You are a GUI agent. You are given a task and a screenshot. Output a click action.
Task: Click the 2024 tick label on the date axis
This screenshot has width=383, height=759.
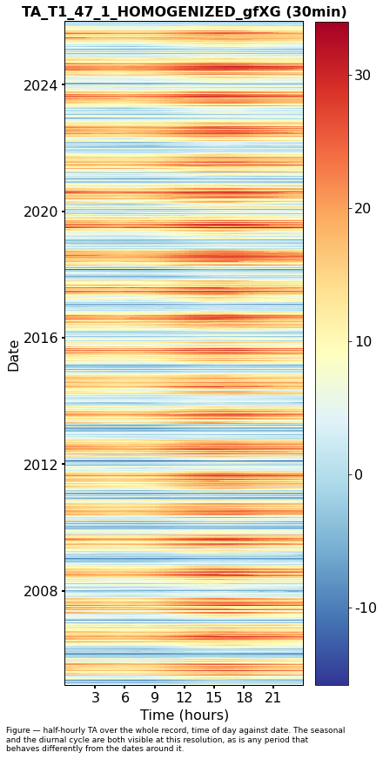pos(40,85)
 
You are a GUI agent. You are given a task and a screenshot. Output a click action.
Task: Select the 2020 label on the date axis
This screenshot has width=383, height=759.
pos(40,212)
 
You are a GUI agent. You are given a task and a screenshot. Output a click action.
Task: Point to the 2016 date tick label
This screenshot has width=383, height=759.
pos(40,338)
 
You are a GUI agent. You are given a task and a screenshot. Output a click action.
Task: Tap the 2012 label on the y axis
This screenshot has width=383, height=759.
pos(40,465)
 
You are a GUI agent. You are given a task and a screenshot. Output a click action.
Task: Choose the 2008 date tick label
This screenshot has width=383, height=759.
pos(40,591)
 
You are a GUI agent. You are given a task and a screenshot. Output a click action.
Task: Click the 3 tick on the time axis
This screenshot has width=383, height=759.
pos(95,698)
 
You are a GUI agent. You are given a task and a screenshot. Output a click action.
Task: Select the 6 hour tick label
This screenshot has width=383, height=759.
pos(124,698)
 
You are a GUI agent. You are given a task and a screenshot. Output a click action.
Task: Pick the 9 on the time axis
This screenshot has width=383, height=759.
pos(154,698)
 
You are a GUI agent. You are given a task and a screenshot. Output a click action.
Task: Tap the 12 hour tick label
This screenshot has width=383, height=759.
pos(184,698)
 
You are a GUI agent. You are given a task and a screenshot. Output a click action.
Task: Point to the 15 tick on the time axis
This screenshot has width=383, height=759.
pos(214,698)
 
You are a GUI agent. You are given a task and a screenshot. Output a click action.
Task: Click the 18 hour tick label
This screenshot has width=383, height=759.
pos(244,698)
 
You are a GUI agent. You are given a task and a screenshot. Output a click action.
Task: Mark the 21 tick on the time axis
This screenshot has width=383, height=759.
pos(273,698)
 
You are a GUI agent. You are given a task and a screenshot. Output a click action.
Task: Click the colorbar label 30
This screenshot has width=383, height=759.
pos(362,75)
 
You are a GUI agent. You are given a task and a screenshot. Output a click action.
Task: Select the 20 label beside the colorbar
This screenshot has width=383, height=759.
pos(362,208)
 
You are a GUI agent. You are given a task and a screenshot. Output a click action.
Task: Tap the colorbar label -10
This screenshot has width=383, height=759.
pos(366,608)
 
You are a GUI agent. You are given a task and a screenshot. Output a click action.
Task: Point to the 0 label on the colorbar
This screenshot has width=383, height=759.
pos(359,474)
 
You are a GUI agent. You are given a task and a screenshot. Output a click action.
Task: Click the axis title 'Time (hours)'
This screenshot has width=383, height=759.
pos(184,715)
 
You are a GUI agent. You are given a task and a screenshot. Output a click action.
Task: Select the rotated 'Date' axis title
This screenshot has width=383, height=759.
pos(14,356)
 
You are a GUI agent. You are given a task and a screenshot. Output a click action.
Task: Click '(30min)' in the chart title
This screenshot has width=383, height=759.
pos(316,12)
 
